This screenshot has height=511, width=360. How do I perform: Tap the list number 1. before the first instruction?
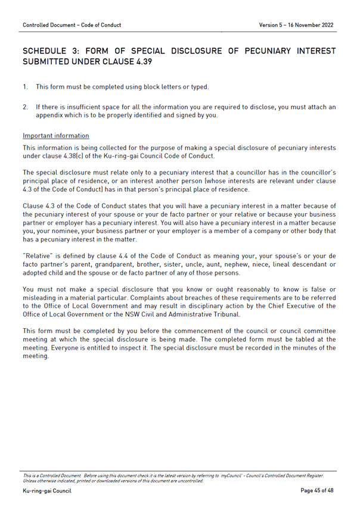(26, 87)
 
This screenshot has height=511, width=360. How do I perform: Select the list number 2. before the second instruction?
(26, 107)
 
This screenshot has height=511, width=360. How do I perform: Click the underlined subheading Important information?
(55, 136)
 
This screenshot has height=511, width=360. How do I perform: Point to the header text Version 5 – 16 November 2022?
(296, 25)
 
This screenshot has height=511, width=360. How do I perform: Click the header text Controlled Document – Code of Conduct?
(72, 25)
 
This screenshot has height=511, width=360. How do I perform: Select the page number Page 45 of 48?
(317, 490)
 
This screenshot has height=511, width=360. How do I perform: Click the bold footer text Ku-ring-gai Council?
(46, 490)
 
